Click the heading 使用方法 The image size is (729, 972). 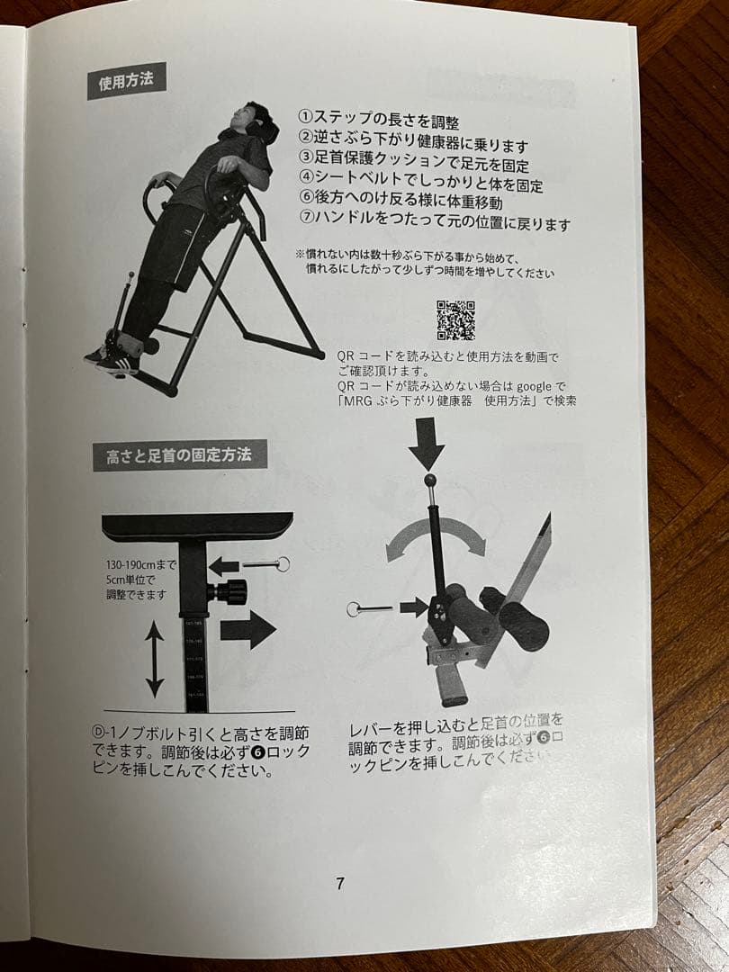(x=126, y=80)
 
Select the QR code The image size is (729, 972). (x=455, y=319)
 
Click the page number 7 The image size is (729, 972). (x=339, y=883)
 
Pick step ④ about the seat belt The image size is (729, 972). (x=420, y=184)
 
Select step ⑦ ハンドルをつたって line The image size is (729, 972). (x=434, y=223)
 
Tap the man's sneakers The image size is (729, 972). (x=115, y=359)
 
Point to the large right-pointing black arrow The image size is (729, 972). (x=247, y=629)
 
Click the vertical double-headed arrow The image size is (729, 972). (x=155, y=660)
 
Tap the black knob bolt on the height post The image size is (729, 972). (x=229, y=592)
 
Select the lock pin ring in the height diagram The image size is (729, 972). (x=282, y=564)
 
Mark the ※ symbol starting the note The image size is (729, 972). (x=300, y=255)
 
